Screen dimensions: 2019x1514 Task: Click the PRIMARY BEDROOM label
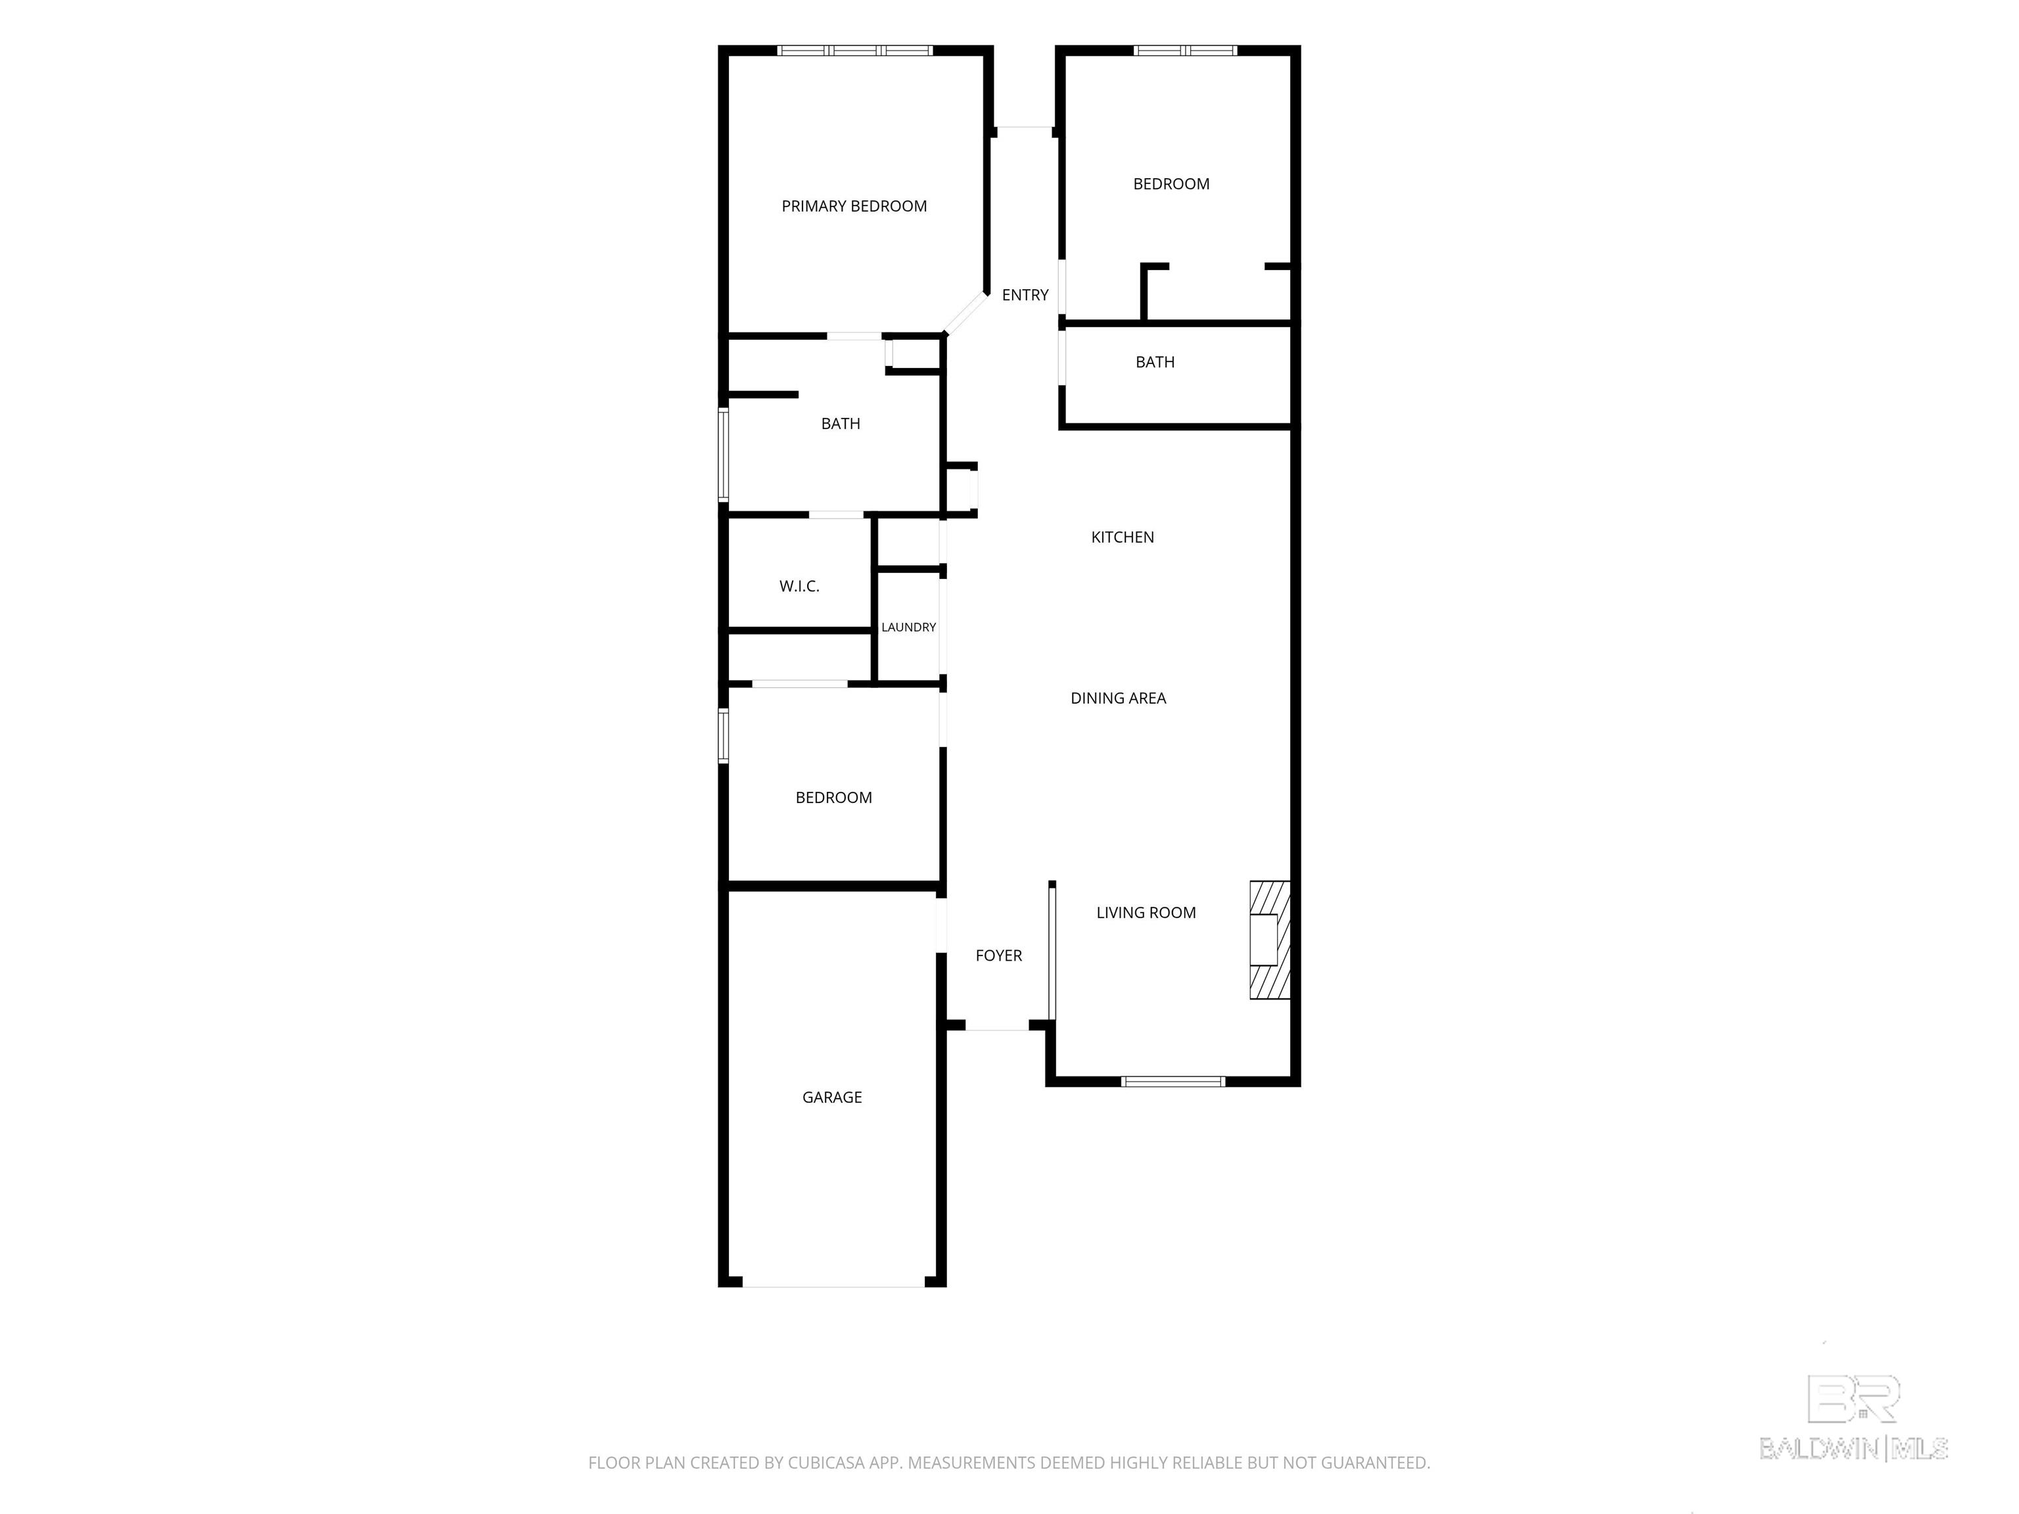[x=854, y=206]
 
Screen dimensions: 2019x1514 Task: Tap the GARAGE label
[x=831, y=1097]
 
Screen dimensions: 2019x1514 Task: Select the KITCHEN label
[x=1123, y=538]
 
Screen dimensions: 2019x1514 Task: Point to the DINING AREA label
[x=1118, y=698]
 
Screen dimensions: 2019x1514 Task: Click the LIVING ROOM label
[x=1146, y=913]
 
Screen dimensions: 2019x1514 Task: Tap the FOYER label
[x=998, y=955]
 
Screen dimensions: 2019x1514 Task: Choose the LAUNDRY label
[x=908, y=627]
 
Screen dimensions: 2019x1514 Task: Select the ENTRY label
[x=1025, y=295]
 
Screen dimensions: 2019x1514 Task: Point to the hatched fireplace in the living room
[x=1270, y=939]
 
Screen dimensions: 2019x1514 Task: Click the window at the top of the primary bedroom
[x=854, y=50]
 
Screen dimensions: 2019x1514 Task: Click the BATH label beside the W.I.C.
[x=841, y=423]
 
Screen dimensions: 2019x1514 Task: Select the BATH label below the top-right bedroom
[x=1155, y=362]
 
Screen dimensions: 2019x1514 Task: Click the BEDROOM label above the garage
[x=833, y=798]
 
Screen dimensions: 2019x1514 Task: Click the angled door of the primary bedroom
[x=965, y=313]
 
